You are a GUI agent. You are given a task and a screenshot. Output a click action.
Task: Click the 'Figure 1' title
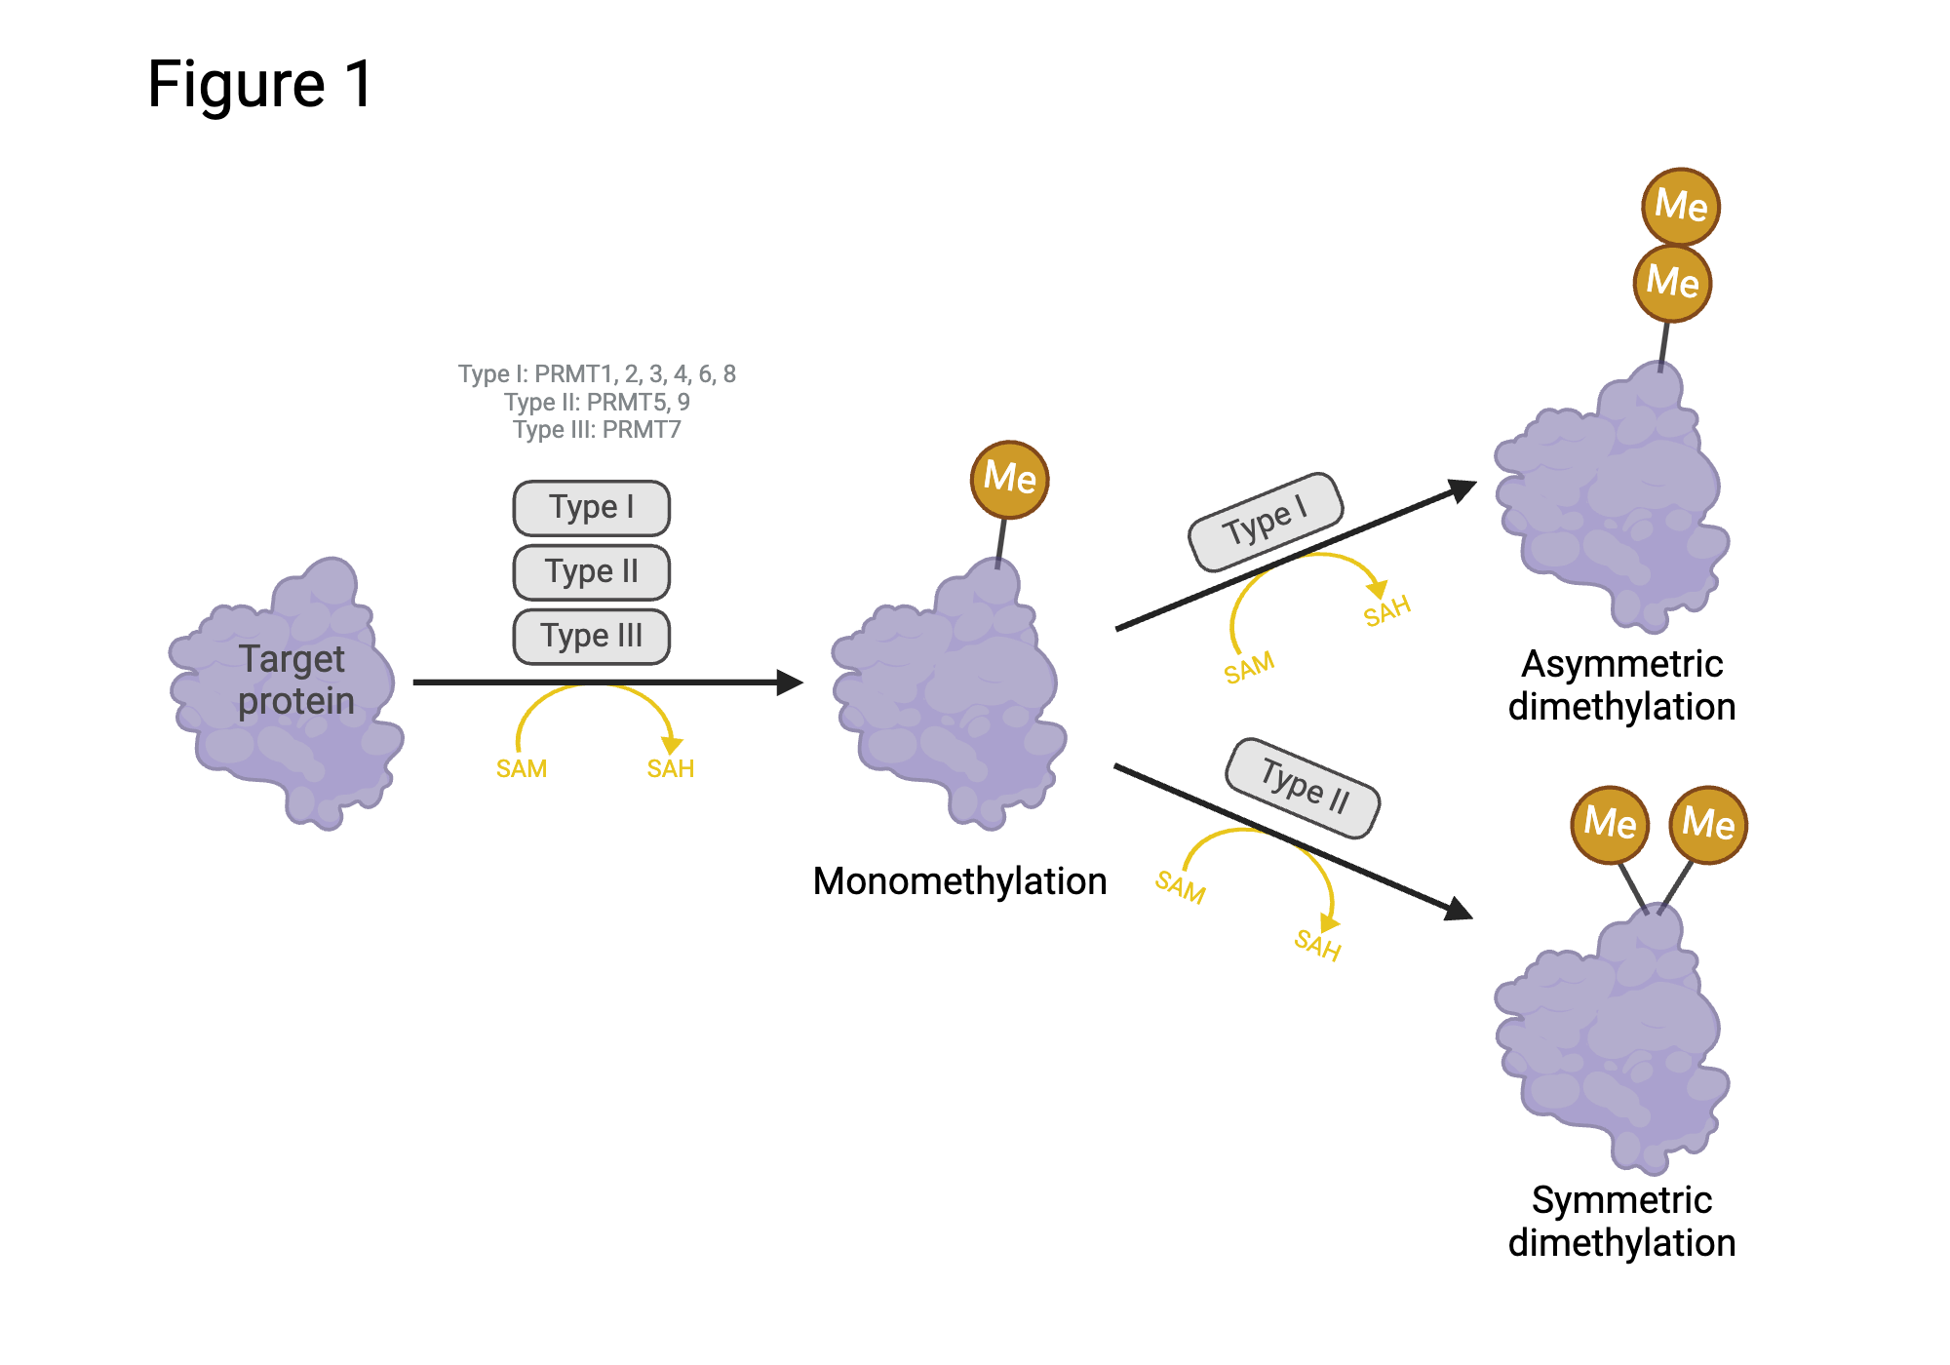click(260, 84)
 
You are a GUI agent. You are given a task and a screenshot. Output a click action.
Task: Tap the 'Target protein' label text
click(294, 680)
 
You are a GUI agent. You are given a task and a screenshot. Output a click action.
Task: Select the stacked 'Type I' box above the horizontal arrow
click(591, 508)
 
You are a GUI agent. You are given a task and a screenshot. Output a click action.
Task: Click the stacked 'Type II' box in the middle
click(591, 572)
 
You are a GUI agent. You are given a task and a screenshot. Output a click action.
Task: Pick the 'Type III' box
click(591, 637)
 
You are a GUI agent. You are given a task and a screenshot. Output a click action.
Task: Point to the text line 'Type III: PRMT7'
click(597, 430)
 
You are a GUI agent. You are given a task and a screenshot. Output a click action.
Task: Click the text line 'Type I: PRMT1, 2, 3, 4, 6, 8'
click(597, 374)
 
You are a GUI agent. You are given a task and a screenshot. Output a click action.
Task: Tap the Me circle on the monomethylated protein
click(1009, 478)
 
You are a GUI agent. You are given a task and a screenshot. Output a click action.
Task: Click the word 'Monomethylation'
click(959, 881)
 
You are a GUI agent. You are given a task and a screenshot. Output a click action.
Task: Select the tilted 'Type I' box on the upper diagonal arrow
click(1266, 522)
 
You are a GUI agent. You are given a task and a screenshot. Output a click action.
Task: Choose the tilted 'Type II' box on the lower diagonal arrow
click(1303, 788)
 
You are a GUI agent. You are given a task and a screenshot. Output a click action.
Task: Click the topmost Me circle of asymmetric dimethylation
click(1681, 206)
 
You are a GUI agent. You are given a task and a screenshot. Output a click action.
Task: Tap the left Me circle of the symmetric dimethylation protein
click(1610, 824)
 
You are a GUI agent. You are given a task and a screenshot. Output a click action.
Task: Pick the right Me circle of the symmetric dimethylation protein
click(1708, 824)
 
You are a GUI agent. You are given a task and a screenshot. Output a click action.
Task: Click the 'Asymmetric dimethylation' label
click(1621, 685)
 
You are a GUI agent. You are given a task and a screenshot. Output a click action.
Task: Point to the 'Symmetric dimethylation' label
click(1621, 1222)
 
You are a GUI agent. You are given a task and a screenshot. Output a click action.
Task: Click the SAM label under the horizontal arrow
click(522, 769)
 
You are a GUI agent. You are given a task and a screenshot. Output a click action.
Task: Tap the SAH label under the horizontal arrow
click(671, 769)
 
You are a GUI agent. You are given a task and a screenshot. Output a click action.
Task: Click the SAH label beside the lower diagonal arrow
click(1317, 945)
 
